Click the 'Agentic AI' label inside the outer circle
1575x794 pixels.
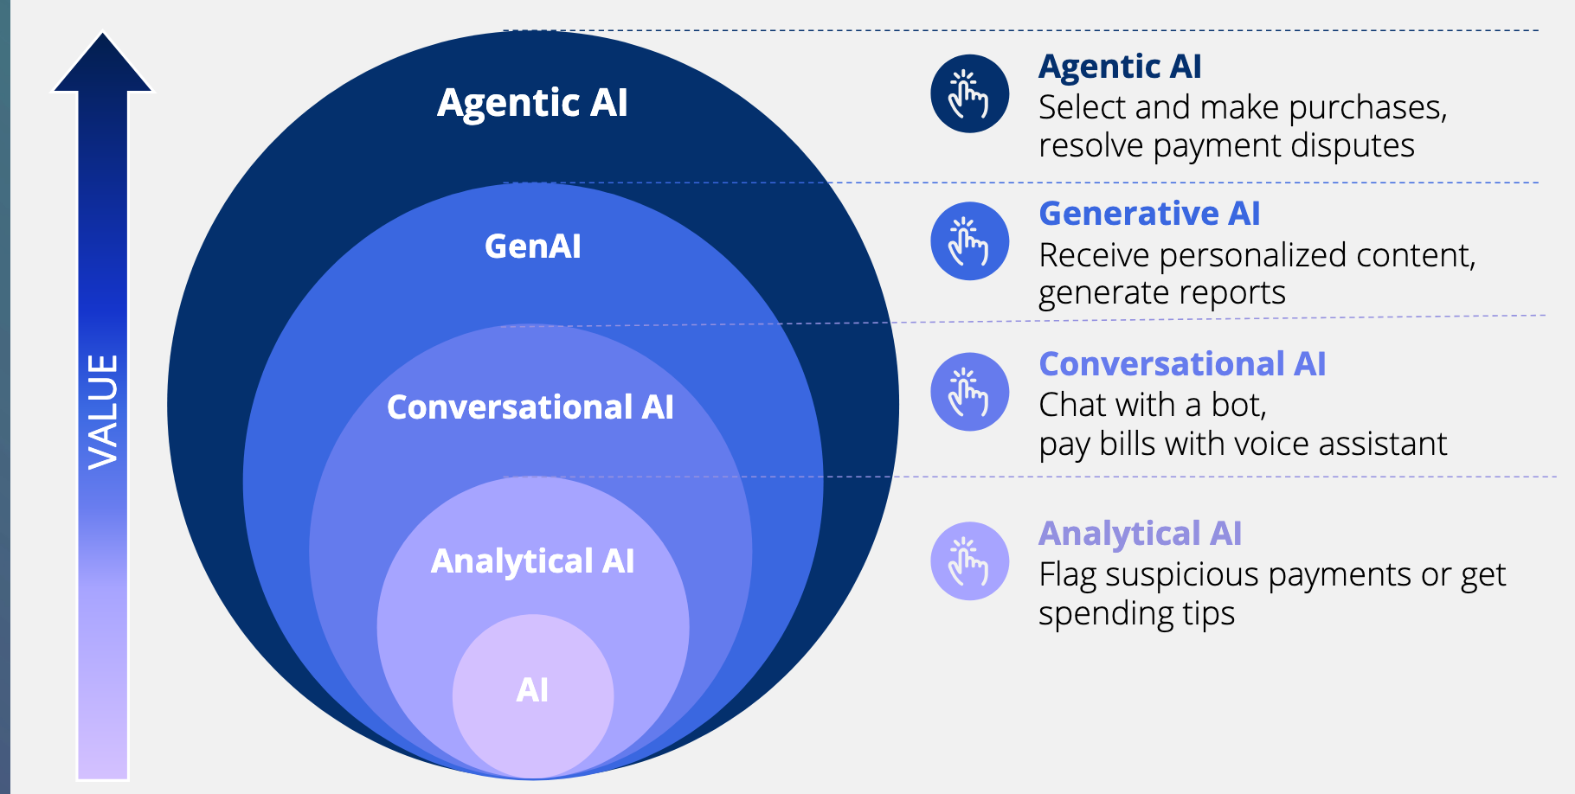tap(532, 103)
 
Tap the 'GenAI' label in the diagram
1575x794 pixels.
tap(532, 247)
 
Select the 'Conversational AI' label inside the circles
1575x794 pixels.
tap(530, 407)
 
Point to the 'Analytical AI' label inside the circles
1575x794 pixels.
tap(532, 561)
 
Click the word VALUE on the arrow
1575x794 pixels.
tap(103, 412)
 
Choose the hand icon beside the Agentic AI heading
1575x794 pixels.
tap(969, 93)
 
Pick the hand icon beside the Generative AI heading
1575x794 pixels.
tap(969, 241)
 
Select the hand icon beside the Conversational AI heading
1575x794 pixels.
tap(969, 392)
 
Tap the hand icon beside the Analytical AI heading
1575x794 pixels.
tap(969, 561)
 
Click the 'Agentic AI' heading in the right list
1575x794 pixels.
tap(1120, 67)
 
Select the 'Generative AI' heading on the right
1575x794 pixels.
tap(1149, 214)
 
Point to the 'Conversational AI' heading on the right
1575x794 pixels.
tap(1182, 364)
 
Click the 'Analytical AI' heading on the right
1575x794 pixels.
tap(1140, 534)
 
